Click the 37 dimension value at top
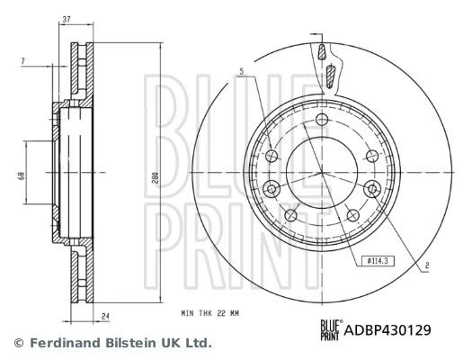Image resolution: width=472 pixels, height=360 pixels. [67, 20]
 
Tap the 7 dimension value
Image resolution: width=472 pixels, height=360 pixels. [22, 61]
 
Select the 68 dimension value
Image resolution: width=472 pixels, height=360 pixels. [21, 175]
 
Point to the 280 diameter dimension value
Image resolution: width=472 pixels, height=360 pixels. [156, 179]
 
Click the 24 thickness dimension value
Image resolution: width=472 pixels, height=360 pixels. [105, 317]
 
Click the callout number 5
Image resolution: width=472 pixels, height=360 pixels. [242, 72]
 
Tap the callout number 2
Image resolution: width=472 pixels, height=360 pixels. [426, 265]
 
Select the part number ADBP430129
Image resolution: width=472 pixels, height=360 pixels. [387, 330]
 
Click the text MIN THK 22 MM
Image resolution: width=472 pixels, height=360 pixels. [209, 313]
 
